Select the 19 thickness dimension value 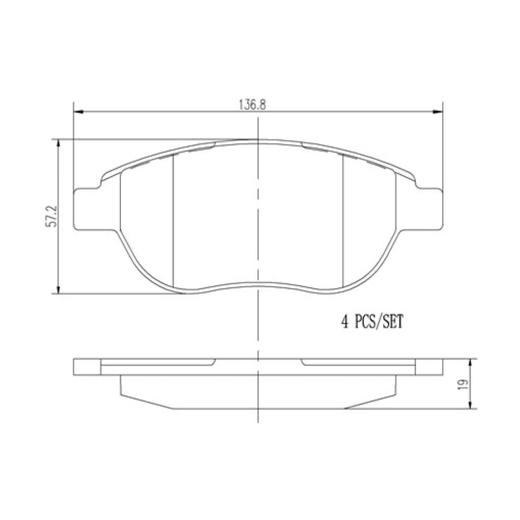click(x=463, y=384)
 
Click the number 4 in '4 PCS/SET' click(x=345, y=322)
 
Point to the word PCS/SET click(x=381, y=322)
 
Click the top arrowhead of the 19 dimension click(x=470, y=363)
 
